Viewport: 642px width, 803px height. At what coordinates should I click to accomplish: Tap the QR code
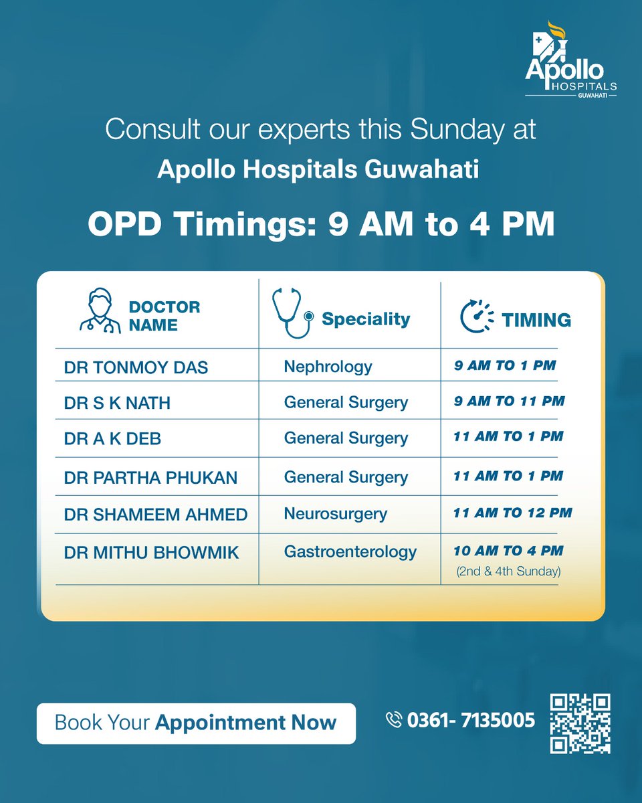coord(580,723)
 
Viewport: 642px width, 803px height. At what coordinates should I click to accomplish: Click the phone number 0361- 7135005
coord(471,721)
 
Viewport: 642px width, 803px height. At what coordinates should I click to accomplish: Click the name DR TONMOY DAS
coord(136,367)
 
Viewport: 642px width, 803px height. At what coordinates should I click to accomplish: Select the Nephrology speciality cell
coord(328,367)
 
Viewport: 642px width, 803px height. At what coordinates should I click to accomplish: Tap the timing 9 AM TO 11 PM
coord(509,401)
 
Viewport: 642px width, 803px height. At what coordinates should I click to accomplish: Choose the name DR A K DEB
coord(112,438)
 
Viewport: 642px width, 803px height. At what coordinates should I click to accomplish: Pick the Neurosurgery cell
coord(335,514)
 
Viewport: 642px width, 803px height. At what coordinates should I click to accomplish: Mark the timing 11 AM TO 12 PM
coord(513,513)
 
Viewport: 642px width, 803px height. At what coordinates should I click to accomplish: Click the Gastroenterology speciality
coord(350,552)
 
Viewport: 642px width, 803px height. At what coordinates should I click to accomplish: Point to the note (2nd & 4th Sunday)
coord(508,572)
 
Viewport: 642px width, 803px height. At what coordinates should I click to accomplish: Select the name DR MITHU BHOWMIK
coord(151,553)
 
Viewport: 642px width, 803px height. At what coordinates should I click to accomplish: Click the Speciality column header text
coord(365,319)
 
